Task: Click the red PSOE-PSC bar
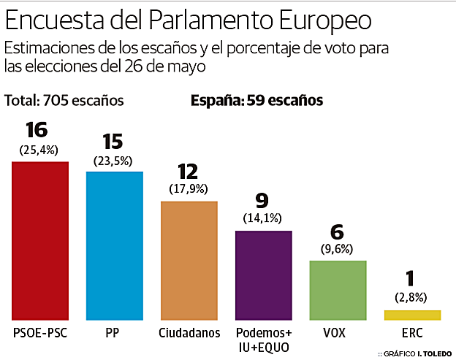pos(40,240)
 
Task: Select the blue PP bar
pos(115,245)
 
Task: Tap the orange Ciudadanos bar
pos(189,260)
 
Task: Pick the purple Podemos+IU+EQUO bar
pos(263,275)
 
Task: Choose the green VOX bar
pos(338,290)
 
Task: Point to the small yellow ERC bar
pos(412,315)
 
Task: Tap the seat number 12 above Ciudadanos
pos(188,171)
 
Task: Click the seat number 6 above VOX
pos(337,231)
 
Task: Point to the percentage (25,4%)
pos(38,150)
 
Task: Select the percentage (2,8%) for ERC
pos(412,298)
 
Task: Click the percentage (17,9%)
pos(189,188)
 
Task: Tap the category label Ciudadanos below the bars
pos(189,334)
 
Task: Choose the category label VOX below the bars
pos(337,334)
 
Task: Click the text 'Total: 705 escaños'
pos(64,100)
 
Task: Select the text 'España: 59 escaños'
pos(256,100)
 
